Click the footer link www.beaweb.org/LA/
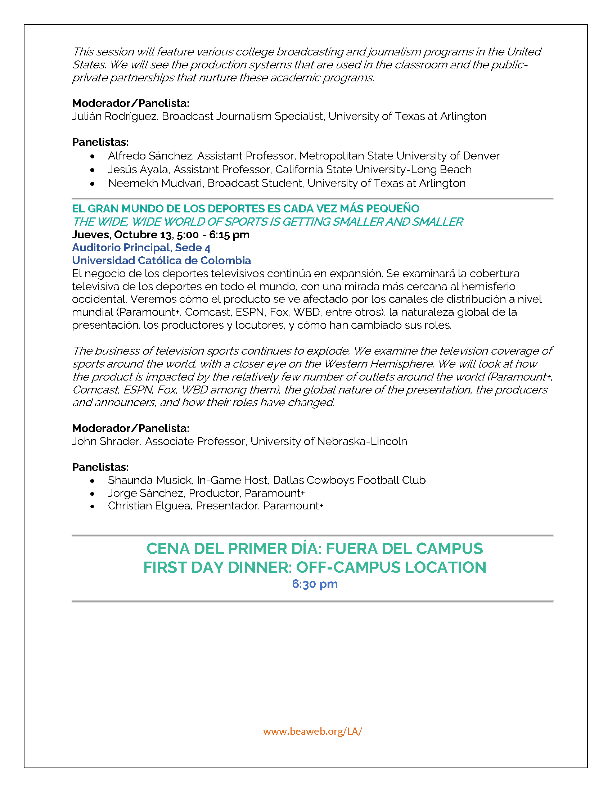(x=312, y=731)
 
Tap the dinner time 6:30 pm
(x=315, y=584)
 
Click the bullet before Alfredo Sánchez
(x=93, y=156)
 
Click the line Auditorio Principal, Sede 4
(x=141, y=248)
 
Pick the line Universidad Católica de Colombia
(x=161, y=260)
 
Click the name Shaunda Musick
(x=150, y=480)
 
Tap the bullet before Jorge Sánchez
(x=93, y=494)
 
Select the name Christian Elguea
(x=149, y=506)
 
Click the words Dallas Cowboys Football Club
(x=349, y=480)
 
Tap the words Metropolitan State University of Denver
(x=399, y=156)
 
